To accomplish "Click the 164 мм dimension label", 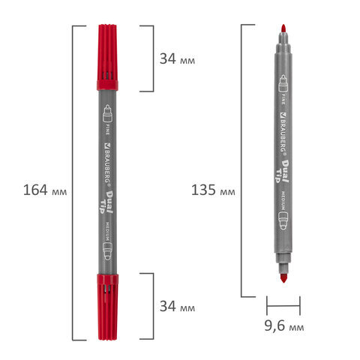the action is pos(45,190).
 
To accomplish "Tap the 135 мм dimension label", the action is pos(213,190).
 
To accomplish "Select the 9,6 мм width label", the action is pos(284,325).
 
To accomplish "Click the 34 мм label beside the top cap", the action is pos(177,59).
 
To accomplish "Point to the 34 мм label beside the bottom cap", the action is pos(177,306).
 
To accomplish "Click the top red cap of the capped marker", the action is pos(107,57).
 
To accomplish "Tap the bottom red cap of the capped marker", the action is pos(107,307).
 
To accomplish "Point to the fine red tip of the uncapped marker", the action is pos(283,28).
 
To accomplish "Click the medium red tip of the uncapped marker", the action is pos(283,278).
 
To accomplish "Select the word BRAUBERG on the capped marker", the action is pos(107,164).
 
